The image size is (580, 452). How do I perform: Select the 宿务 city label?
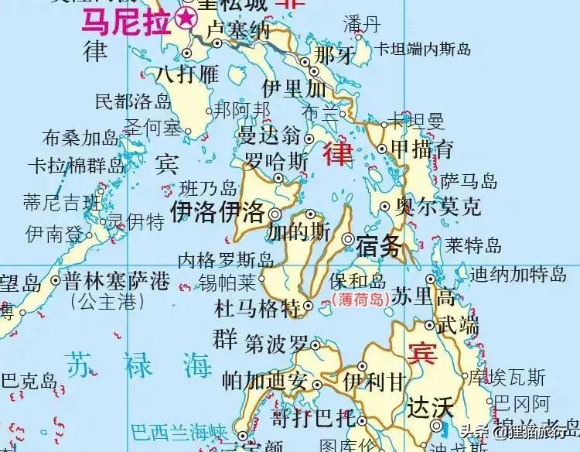pyautogui.click(x=380, y=247)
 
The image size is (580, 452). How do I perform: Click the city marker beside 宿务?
pyautogui.click(x=348, y=239)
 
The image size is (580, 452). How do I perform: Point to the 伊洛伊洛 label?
pyautogui.click(x=218, y=212)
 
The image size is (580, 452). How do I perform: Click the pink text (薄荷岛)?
pyautogui.click(x=357, y=300)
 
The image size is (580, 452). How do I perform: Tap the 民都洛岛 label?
pyautogui.click(x=132, y=101)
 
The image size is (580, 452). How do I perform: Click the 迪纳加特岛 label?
pyautogui.click(x=518, y=273)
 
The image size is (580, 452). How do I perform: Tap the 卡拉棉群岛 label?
pyautogui.click(x=75, y=166)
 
